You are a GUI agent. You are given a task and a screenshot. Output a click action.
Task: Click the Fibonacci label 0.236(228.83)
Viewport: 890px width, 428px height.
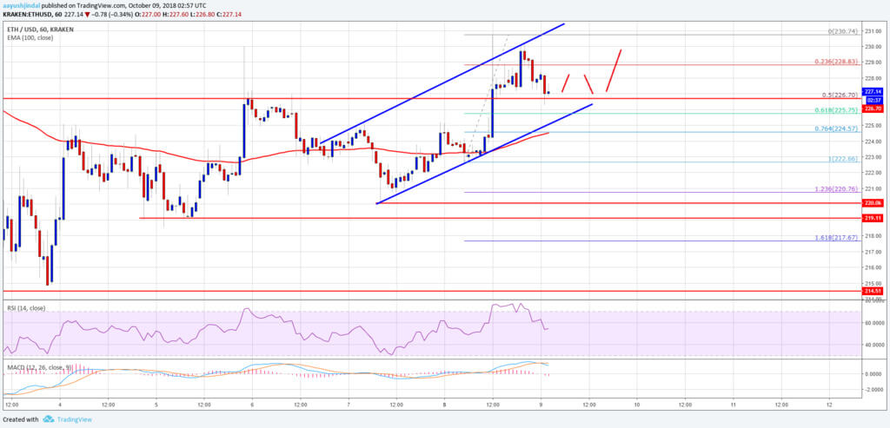click(836, 62)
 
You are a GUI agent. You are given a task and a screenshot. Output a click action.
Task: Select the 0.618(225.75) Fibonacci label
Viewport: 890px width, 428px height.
click(836, 110)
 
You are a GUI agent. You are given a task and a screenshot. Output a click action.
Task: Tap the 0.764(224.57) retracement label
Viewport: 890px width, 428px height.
click(836, 129)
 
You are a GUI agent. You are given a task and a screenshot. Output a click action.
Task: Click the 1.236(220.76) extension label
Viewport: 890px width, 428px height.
click(836, 189)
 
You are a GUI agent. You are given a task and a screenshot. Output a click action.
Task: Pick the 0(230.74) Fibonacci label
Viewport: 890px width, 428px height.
click(839, 31)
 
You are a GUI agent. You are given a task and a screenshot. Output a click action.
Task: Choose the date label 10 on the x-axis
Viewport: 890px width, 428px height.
click(636, 405)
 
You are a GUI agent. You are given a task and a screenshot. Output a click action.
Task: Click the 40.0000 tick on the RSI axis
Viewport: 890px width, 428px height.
click(873, 345)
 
